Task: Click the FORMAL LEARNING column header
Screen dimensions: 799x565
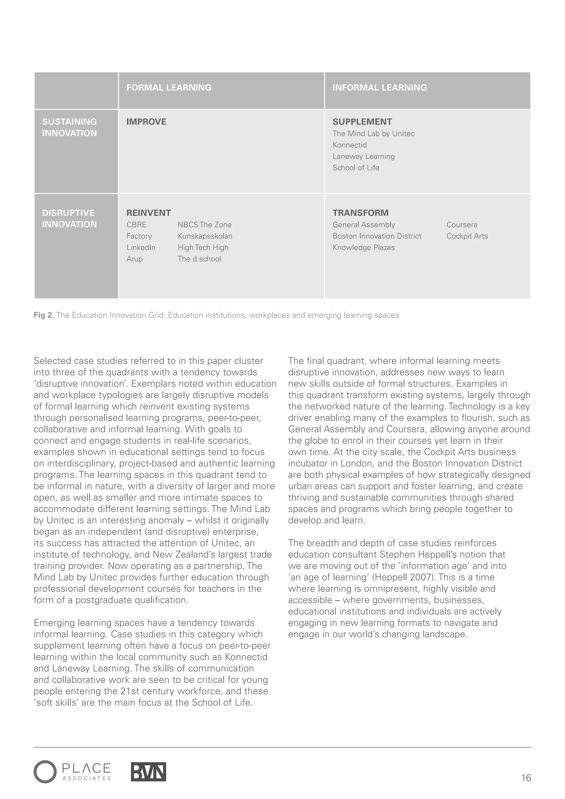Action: (169, 87)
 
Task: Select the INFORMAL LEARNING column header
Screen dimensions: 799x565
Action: (379, 87)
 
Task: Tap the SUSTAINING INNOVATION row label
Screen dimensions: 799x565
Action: (69, 127)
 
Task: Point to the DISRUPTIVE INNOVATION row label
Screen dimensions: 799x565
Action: (69, 219)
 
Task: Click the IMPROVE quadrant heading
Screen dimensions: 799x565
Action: (146, 122)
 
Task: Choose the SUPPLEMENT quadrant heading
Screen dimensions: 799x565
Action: (362, 122)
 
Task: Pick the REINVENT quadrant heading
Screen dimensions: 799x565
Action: (148, 213)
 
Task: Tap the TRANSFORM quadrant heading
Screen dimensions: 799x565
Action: (360, 213)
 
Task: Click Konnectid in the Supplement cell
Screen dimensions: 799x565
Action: (349, 145)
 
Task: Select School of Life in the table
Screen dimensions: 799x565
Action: (356, 168)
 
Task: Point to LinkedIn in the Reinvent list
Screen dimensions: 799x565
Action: (141, 247)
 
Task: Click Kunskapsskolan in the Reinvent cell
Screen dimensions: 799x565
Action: (205, 236)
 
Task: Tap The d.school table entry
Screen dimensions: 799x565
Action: (199, 259)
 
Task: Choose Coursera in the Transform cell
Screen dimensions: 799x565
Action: (462, 225)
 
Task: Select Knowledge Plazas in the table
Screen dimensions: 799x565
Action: (364, 247)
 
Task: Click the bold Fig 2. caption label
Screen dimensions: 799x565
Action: (44, 315)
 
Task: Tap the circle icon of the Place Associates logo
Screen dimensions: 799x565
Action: (45, 772)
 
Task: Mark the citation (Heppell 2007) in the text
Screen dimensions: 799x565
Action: (404, 577)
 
